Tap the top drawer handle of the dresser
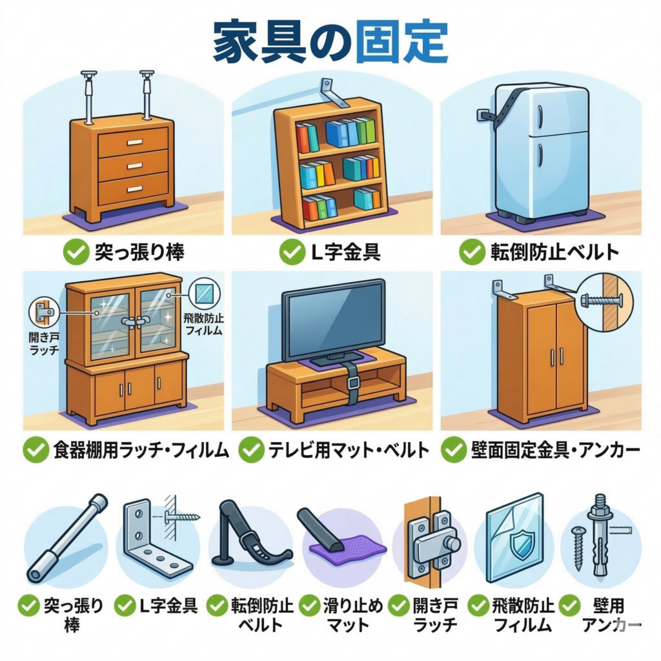click(x=135, y=143)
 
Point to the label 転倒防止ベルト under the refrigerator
click(x=554, y=252)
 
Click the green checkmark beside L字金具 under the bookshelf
click(x=292, y=252)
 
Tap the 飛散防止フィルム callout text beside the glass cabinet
click(x=204, y=325)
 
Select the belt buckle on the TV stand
click(x=353, y=382)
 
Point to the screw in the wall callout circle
click(x=596, y=301)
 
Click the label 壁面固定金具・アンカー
click(x=555, y=450)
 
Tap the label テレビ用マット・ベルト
click(x=349, y=450)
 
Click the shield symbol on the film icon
click(x=522, y=544)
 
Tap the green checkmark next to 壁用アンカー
click(x=570, y=605)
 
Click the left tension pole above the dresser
click(x=88, y=97)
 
